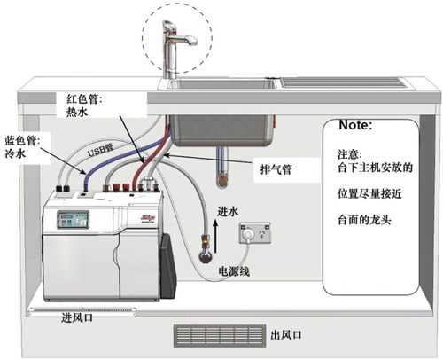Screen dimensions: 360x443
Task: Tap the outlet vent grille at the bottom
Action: tap(216, 335)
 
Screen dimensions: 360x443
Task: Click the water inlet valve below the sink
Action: tap(208, 254)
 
